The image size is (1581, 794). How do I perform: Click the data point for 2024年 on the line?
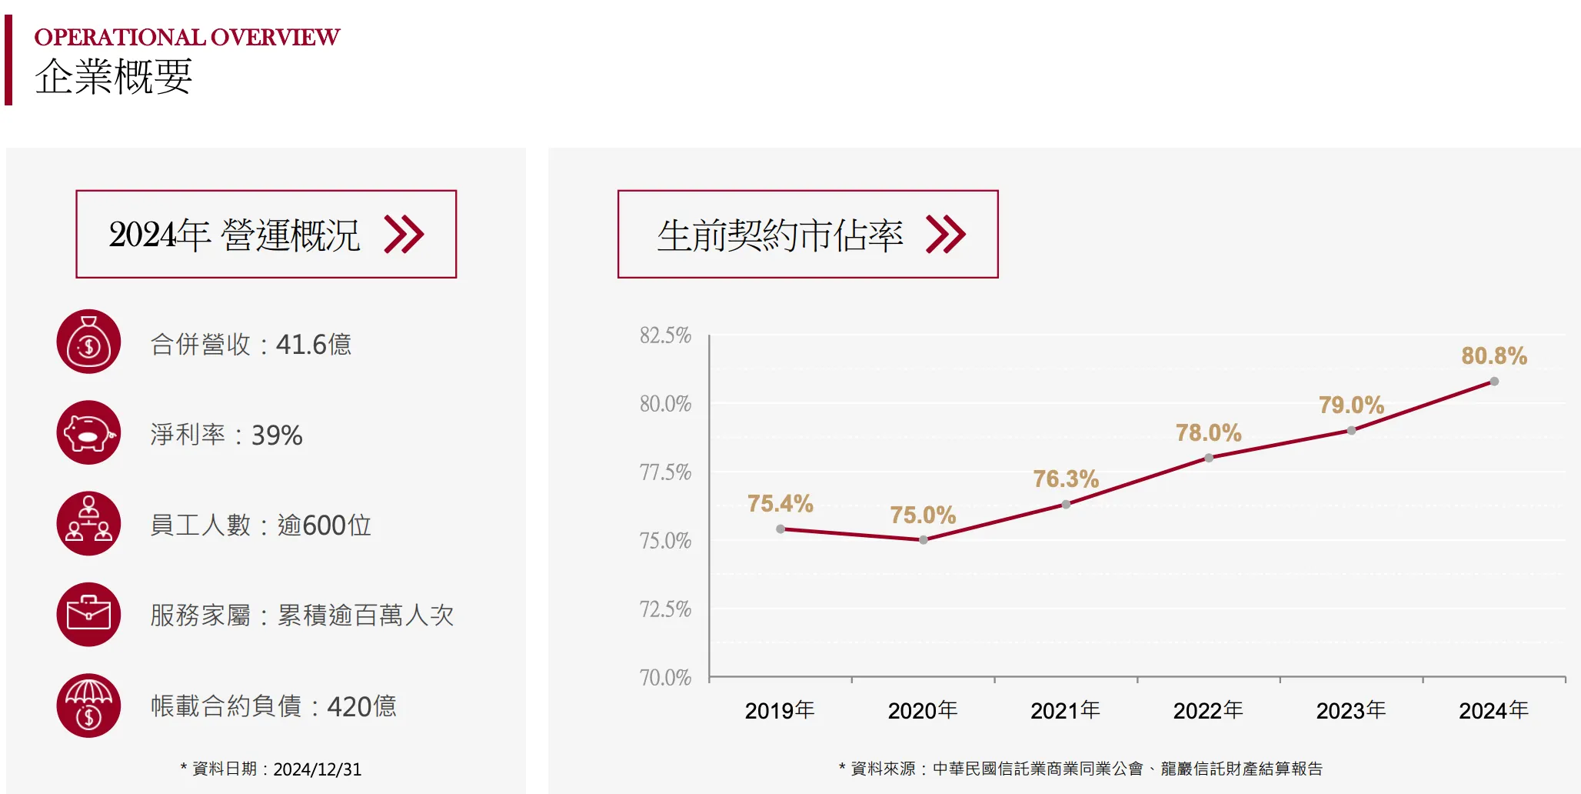(x=1494, y=382)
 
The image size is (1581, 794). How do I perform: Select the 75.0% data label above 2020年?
(x=923, y=515)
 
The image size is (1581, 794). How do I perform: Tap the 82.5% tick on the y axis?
(x=665, y=335)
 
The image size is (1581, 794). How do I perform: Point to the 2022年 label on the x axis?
(x=1207, y=710)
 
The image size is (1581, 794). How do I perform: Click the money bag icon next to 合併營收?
(x=88, y=342)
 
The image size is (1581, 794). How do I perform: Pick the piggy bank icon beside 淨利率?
(x=88, y=433)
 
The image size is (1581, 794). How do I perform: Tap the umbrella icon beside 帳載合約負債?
(x=88, y=706)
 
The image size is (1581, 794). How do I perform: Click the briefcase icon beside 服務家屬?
(x=88, y=615)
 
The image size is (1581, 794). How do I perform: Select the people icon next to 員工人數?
(x=88, y=524)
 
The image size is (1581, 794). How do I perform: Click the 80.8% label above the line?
(x=1493, y=355)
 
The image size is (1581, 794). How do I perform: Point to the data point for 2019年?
(x=781, y=529)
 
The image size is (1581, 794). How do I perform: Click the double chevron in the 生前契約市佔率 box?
(x=946, y=235)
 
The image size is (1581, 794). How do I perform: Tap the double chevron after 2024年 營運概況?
(x=404, y=235)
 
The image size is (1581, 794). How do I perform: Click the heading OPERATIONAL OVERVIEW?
(x=187, y=37)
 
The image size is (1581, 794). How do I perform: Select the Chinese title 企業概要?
(x=113, y=77)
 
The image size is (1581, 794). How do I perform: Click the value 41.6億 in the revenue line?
(x=313, y=344)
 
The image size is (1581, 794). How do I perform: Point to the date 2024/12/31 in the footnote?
(x=317, y=769)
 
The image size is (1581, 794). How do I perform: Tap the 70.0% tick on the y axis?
(x=665, y=678)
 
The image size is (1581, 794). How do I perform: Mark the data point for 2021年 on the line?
(x=1066, y=505)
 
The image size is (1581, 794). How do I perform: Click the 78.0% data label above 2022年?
(x=1208, y=432)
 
